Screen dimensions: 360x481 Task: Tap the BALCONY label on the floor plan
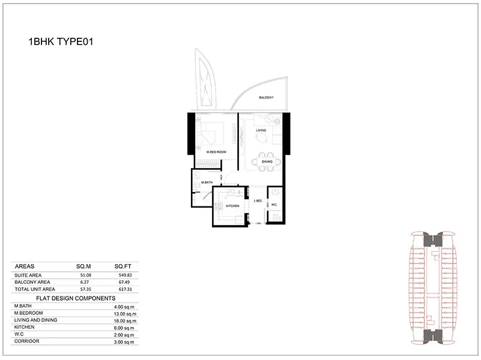pos(267,98)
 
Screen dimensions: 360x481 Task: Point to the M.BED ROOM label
pos(216,152)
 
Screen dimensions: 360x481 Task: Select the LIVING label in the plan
pos(261,130)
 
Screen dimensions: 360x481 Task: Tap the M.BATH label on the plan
pos(207,182)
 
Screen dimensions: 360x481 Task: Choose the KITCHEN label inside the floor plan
pos(233,206)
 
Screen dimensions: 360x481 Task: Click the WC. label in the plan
pos(274,205)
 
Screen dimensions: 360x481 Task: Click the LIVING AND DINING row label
pos(35,320)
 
